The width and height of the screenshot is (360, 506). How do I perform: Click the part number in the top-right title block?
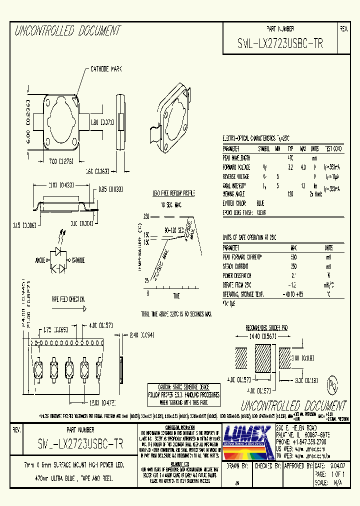pos(280,43)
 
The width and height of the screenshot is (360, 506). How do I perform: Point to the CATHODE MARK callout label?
pos(106,69)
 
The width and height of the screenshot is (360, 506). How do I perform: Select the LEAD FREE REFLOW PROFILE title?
pos(173,193)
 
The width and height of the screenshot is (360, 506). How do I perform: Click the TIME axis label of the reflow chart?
pos(176,296)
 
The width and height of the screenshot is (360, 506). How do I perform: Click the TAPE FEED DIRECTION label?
pos(69,299)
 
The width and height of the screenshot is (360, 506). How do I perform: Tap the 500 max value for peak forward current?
pos(293,256)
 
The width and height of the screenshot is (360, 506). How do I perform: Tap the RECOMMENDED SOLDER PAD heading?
pos(266,327)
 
